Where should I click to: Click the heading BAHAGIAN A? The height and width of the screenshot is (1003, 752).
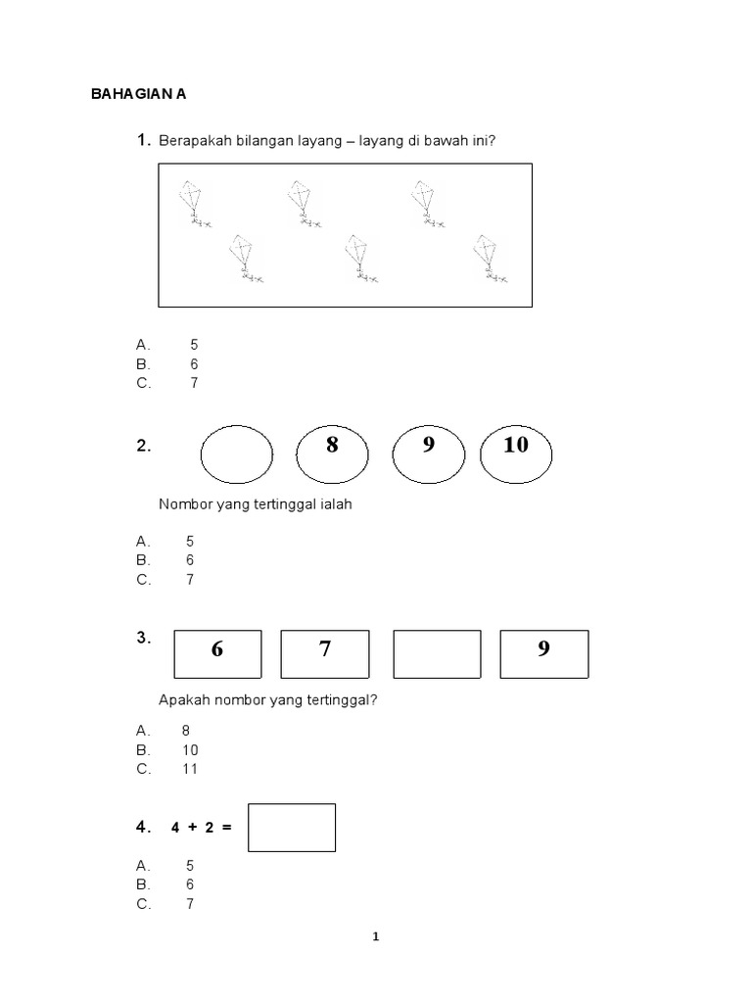[138, 95]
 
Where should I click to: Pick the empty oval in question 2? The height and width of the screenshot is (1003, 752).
[237, 454]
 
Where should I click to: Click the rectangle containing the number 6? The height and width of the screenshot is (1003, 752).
[217, 654]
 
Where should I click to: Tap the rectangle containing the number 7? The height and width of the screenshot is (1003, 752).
[325, 654]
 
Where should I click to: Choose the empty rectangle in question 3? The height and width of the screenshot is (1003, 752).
[437, 654]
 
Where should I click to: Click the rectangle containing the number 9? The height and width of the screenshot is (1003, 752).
[544, 654]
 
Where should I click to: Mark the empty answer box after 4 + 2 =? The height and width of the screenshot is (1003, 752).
[292, 828]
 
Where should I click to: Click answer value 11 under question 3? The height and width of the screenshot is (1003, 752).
[190, 769]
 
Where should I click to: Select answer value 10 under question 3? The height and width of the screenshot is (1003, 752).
[190, 750]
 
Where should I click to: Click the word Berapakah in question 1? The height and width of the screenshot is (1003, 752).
[190, 141]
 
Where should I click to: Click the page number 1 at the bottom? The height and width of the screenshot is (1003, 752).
[376, 936]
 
